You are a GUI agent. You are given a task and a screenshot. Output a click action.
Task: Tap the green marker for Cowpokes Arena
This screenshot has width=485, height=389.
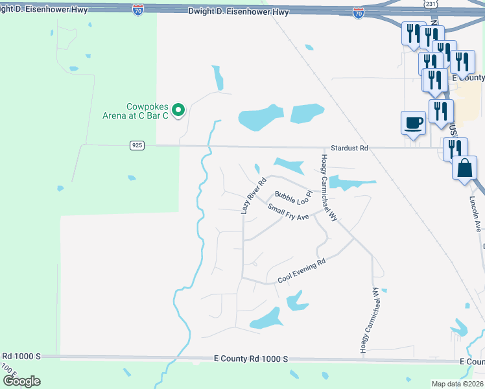[181, 110]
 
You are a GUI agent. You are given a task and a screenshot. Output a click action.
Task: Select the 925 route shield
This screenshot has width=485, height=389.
[137, 145]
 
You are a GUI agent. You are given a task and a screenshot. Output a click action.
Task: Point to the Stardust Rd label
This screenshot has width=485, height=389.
[349, 148]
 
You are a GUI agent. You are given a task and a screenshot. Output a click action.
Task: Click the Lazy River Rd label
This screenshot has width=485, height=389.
[254, 196]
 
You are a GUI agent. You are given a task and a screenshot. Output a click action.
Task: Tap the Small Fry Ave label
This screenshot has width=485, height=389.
[289, 211]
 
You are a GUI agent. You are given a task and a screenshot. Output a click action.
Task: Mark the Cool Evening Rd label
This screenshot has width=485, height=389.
[301, 270]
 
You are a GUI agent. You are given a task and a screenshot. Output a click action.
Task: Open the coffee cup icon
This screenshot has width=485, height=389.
[413, 123]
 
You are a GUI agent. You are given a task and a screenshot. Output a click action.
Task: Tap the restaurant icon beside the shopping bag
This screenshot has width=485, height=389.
[455, 148]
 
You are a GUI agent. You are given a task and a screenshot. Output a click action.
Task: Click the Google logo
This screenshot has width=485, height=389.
[21, 381]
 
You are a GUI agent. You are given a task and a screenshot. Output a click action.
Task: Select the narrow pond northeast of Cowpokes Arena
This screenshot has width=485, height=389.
[219, 78]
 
